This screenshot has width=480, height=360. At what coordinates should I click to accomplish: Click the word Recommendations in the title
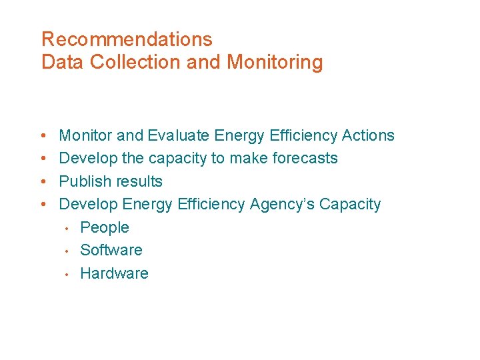tap(127, 39)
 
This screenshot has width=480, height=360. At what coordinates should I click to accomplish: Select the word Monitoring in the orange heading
tap(275, 63)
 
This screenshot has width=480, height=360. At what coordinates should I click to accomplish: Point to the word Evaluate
tap(179, 136)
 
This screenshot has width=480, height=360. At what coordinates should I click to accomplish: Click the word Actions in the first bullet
tap(368, 136)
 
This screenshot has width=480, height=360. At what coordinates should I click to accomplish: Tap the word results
tap(139, 181)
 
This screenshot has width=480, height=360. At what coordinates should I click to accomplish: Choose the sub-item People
tap(105, 227)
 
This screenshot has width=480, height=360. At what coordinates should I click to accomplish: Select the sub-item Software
tap(111, 250)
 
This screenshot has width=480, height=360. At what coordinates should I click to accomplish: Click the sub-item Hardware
tap(114, 273)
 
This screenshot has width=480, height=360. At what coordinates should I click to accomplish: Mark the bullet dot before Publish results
tap(43, 182)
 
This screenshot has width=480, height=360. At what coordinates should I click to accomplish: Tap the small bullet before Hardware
tap(67, 274)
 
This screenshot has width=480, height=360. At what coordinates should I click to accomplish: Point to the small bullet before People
tap(67, 228)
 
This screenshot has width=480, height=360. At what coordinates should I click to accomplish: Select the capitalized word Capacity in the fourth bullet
tap(350, 205)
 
